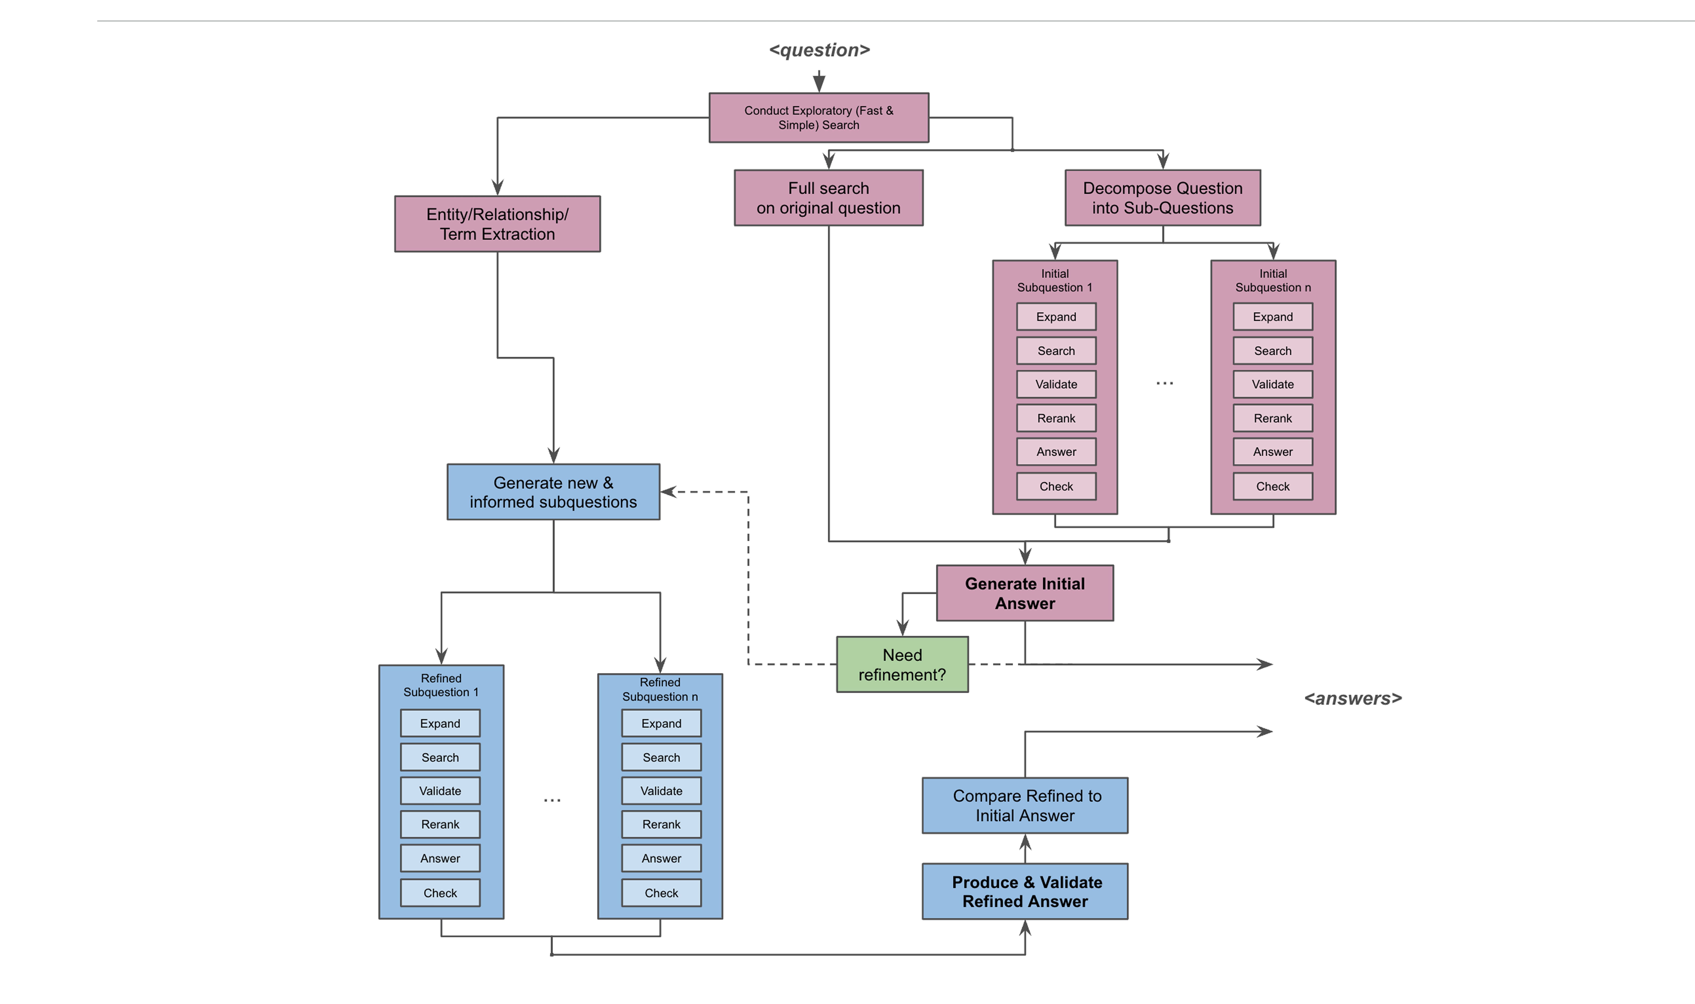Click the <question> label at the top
[x=819, y=50]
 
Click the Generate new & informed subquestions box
[x=553, y=492]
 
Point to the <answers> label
[x=1352, y=698]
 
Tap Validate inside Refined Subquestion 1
[x=440, y=791]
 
